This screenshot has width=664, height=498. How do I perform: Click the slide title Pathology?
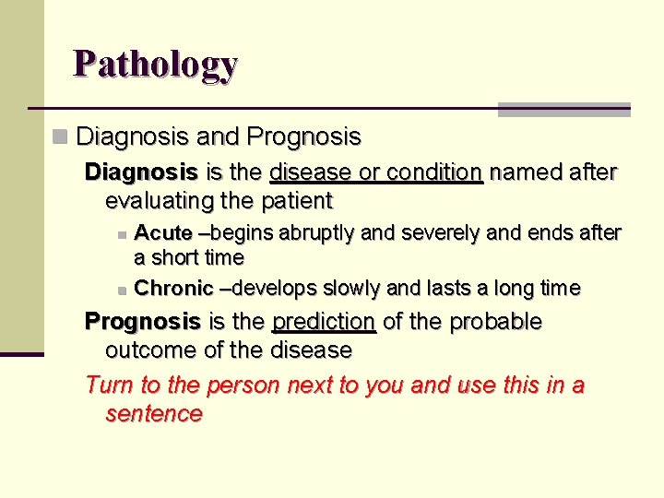pos(156,64)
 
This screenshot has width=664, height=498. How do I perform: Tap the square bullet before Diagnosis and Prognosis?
pos(61,137)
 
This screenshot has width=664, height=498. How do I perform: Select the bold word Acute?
pos(163,233)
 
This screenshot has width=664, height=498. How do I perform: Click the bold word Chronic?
pos(174,289)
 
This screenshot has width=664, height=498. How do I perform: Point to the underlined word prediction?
pos(324,322)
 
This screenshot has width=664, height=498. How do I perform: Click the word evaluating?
pos(159,200)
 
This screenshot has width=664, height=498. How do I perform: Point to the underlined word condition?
pos(434,172)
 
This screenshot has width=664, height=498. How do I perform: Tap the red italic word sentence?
pos(154,413)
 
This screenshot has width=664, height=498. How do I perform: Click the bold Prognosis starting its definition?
pos(143,322)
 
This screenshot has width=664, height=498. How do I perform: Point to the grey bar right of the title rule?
pos(563,109)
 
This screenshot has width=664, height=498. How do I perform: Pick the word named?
pos(520,172)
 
